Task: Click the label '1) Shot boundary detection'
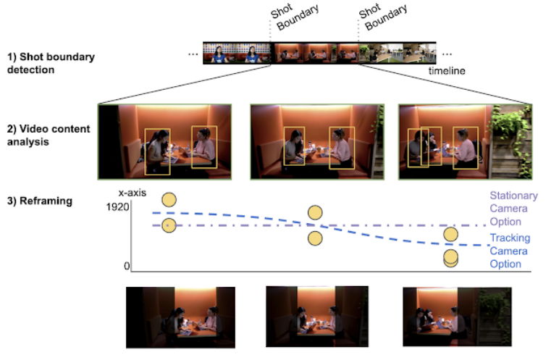tap(51, 63)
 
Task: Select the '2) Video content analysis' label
tap(49, 135)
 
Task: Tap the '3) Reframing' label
tap(40, 201)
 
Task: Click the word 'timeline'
tap(447, 71)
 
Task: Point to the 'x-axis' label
tap(132, 193)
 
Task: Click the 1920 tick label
tap(117, 207)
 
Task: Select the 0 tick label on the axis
tap(127, 266)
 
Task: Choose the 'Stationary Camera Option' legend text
tap(513, 209)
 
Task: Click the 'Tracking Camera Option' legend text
tap(510, 251)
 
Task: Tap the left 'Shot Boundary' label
tap(295, 17)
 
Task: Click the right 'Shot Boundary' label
tap(383, 17)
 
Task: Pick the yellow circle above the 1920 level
tap(169, 200)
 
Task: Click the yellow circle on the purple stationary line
tap(169, 225)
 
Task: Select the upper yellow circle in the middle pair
tap(315, 212)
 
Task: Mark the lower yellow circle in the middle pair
tap(315, 238)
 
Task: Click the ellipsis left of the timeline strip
tap(193, 54)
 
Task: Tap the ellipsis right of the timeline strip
tap(447, 54)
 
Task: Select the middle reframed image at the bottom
tap(317, 317)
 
